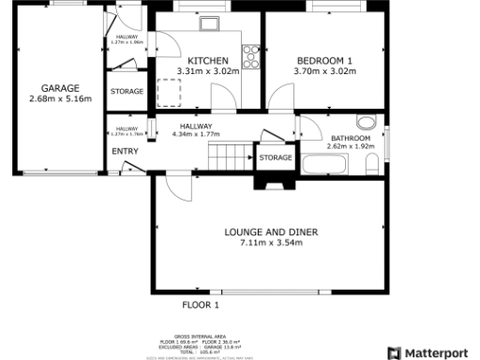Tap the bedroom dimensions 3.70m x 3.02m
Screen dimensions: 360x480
322,70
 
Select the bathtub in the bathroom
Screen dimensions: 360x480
324,165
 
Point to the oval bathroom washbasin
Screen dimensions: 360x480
366,120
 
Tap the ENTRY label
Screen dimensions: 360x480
125,151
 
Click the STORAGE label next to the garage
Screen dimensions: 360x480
127,92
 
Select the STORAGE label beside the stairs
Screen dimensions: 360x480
276,157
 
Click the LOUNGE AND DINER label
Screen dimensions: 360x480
272,231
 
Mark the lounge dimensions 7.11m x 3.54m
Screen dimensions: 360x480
272,243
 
